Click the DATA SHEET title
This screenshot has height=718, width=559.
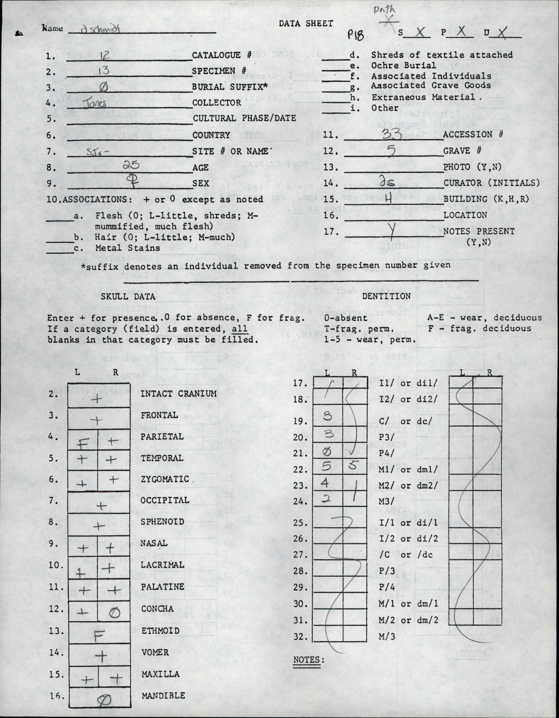click(306, 23)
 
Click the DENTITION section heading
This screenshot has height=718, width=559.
click(386, 296)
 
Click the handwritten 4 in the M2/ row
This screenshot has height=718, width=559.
click(325, 483)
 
